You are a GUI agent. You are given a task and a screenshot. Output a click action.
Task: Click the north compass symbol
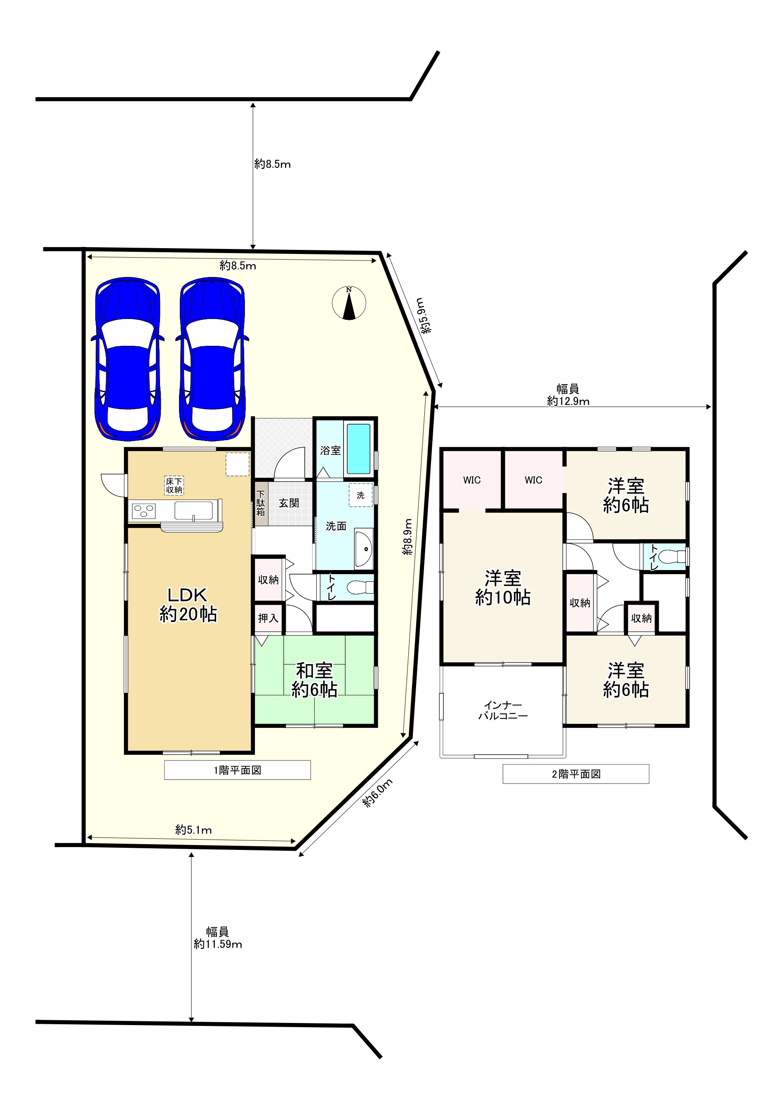(x=349, y=303)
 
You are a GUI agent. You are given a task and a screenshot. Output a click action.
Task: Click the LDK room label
(x=188, y=604)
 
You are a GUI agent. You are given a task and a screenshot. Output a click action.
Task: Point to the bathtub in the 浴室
(x=358, y=448)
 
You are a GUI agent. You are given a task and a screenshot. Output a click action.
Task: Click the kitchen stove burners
(x=144, y=511)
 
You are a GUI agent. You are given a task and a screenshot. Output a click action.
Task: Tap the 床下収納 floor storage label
(x=174, y=486)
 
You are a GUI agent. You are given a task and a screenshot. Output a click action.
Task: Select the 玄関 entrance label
(x=289, y=503)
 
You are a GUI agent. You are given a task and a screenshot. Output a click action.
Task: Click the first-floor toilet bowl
(x=361, y=587)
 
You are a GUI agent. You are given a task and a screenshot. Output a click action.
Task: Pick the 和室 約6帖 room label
(x=314, y=680)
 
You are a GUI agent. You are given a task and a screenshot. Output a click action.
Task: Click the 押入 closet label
(x=268, y=618)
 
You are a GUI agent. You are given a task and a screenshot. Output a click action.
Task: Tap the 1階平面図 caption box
(x=238, y=770)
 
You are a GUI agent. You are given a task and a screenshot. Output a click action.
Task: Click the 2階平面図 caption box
(x=576, y=774)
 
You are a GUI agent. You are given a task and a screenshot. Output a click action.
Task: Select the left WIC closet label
(x=472, y=480)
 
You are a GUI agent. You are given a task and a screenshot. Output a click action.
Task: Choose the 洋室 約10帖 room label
(x=503, y=587)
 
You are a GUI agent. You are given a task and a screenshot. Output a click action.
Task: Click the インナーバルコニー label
(x=503, y=711)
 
